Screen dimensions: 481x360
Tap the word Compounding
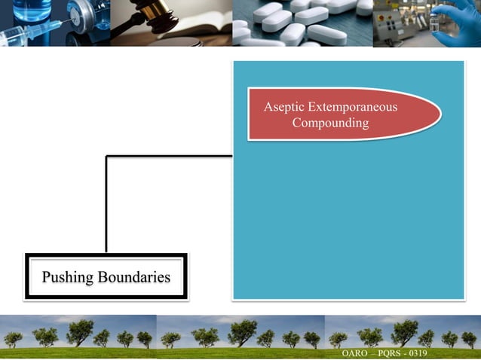[330, 123]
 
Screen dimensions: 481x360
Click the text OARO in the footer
[355, 353]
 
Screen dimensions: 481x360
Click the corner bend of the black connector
[107, 157]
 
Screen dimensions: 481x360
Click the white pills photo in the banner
[302, 23]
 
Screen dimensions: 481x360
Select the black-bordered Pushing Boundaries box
[106, 277]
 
